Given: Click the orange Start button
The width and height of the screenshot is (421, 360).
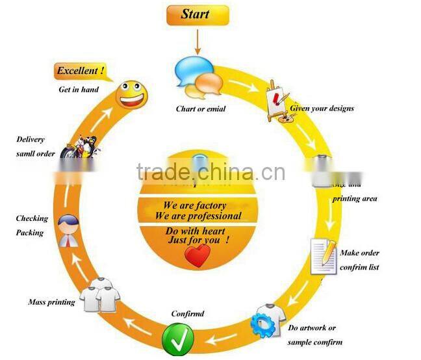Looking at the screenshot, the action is click(x=196, y=15).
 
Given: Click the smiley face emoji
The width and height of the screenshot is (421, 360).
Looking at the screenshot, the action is click(x=133, y=95).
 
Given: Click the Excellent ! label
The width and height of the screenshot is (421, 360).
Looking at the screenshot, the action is click(x=81, y=71).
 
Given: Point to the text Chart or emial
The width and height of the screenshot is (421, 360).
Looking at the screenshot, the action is click(x=201, y=109).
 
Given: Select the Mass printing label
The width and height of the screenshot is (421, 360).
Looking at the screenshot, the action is click(x=51, y=302).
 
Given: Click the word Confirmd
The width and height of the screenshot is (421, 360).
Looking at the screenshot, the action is click(x=187, y=314).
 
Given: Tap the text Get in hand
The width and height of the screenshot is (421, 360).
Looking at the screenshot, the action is click(x=79, y=89).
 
